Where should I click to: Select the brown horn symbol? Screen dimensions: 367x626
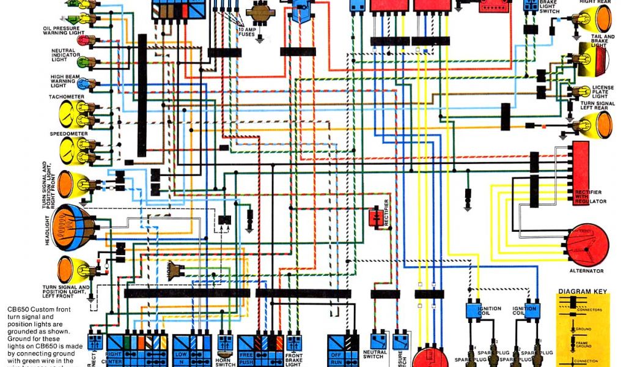tap(177, 269)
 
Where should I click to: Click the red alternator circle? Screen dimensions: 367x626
tap(587, 245)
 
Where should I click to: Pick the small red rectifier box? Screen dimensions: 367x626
tap(375, 217)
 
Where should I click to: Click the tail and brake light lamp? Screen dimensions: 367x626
tap(596, 62)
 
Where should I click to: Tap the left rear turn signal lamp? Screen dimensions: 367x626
tap(595, 124)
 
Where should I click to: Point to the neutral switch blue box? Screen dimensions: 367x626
tap(377, 340)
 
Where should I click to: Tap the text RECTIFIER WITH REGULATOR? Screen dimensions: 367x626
tap(590, 196)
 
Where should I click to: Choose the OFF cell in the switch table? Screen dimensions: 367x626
tap(335, 354)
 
